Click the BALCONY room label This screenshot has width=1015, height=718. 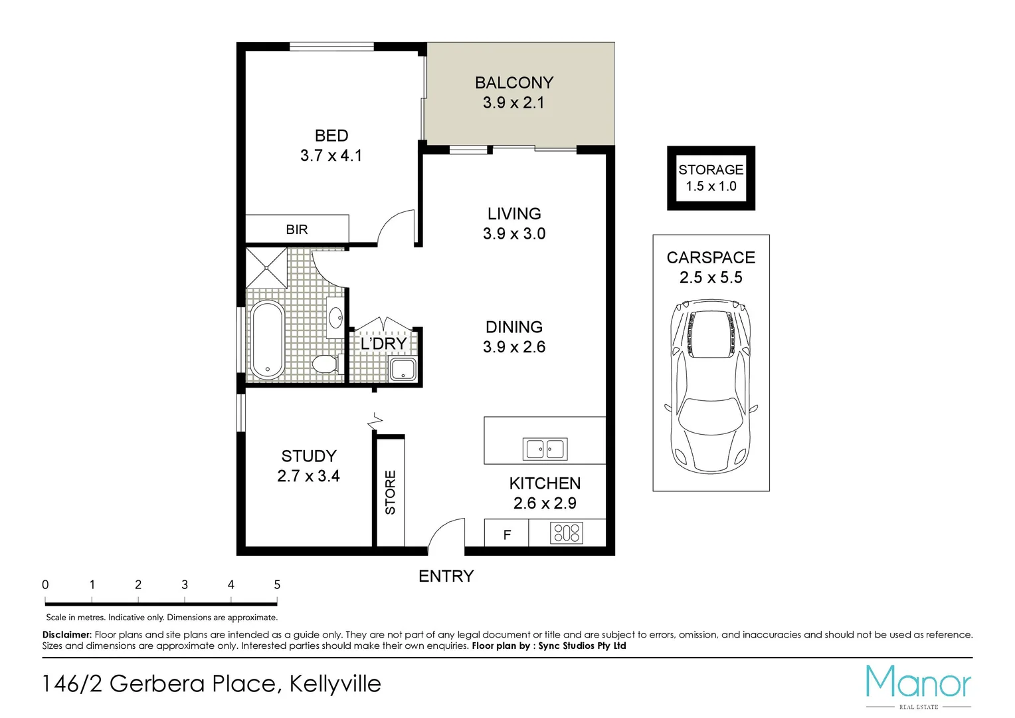coord(513,83)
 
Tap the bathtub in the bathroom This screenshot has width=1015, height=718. coord(267,340)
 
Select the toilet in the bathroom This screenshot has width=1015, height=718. coord(325,364)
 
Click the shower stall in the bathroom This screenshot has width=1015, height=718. coord(266,268)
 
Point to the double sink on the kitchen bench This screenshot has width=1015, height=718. coord(545,449)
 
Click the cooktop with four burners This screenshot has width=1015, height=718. coord(567,533)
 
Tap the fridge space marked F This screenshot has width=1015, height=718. coord(507,535)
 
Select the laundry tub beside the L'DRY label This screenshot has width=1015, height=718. coord(403,370)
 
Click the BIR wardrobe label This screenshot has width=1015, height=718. coord(297,229)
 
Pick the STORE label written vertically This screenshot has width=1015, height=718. coord(391,492)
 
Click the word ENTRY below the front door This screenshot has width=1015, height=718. coord(446,576)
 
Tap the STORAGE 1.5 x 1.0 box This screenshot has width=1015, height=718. coord(711,178)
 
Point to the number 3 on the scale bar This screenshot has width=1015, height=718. coord(185,585)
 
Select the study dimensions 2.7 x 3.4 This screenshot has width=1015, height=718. coord(308,476)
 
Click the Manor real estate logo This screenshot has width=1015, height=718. coord(918,685)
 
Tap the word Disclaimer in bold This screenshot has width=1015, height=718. coord(66,635)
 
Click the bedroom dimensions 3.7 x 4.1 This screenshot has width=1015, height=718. coord(331,156)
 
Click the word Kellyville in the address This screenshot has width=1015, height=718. coord(335,683)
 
